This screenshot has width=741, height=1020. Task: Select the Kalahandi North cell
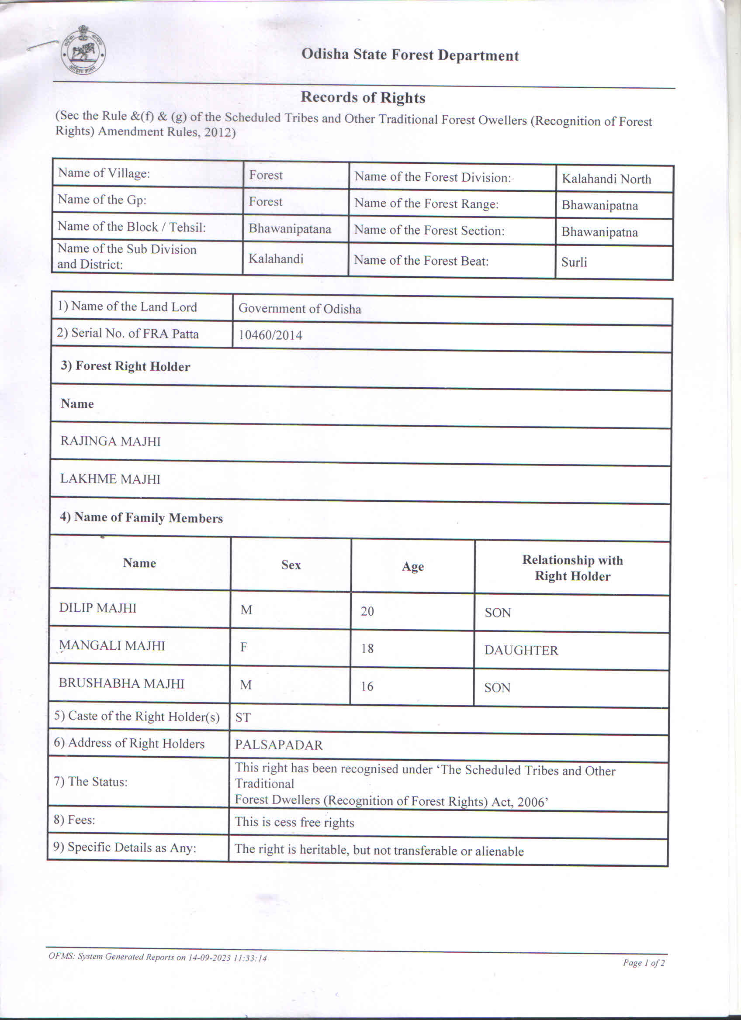click(606, 179)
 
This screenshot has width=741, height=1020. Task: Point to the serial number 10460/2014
click(270, 335)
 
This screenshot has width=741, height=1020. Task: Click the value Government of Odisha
click(300, 309)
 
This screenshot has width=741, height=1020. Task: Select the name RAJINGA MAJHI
click(110, 441)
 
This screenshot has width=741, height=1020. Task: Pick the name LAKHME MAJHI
click(110, 479)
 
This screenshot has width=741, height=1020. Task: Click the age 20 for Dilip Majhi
click(367, 611)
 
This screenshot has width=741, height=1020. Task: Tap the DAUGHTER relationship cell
click(521, 650)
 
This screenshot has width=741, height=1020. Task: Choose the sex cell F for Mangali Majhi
click(244, 648)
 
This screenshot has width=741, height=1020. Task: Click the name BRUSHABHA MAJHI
click(121, 684)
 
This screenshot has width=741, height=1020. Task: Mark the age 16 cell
click(367, 686)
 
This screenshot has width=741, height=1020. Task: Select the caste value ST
click(243, 717)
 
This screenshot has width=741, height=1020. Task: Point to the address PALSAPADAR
click(278, 745)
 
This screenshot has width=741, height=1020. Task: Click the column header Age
click(412, 567)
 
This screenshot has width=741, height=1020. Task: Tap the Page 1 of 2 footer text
click(644, 962)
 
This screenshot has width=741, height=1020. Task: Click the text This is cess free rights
click(294, 823)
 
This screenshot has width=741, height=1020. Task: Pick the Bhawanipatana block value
click(290, 228)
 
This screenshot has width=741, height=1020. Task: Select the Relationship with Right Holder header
click(572, 568)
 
